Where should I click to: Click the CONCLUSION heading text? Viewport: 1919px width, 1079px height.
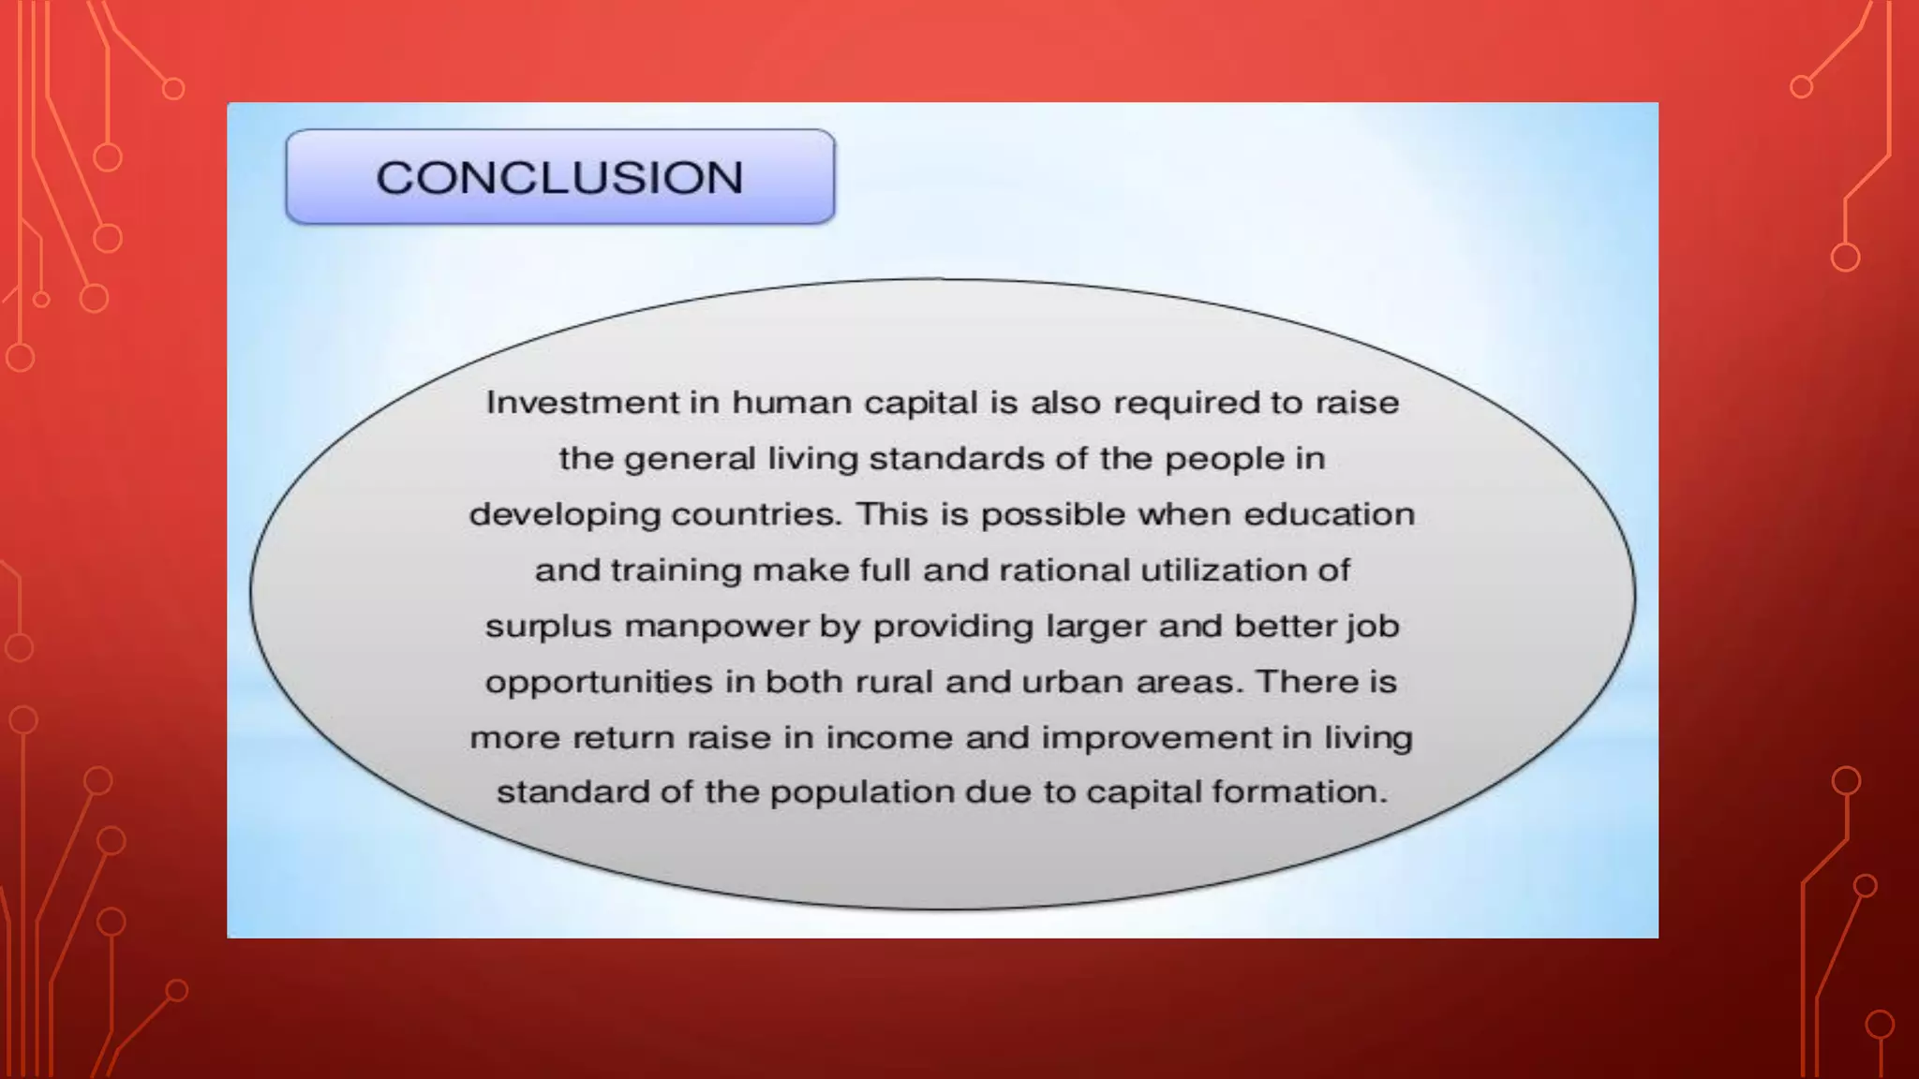point(559,178)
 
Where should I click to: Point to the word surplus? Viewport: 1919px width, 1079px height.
point(548,627)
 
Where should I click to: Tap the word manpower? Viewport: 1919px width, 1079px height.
point(717,627)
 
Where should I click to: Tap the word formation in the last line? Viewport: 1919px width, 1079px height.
point(1299,792)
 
